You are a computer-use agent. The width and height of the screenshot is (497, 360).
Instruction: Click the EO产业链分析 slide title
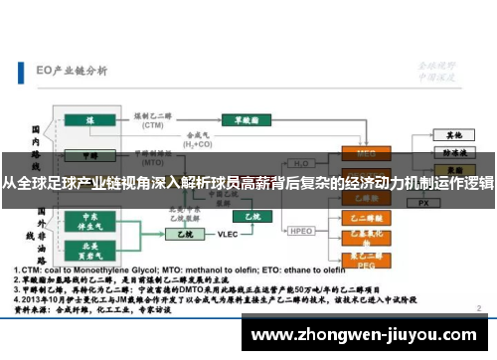point(71,70)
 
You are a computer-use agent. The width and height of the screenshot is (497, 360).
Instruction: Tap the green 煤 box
point(89,121)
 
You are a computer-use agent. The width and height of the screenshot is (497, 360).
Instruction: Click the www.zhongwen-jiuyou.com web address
point(367,333)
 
